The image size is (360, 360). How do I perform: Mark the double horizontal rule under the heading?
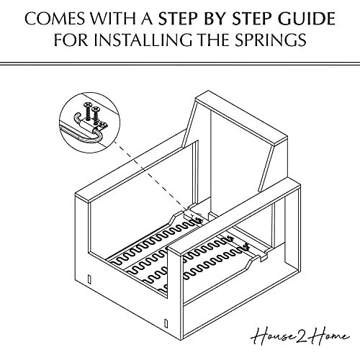coord(180,66)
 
